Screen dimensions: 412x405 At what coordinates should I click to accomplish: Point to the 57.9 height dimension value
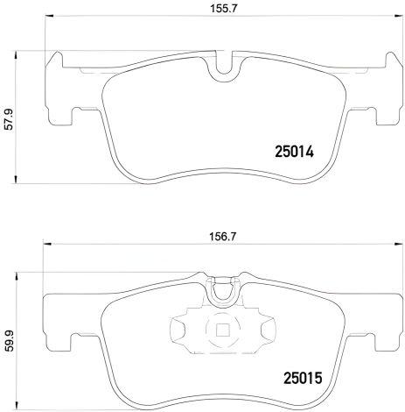8,117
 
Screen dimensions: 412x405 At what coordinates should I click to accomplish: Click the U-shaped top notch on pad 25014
224,66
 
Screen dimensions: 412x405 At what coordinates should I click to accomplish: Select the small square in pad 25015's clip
223,331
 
